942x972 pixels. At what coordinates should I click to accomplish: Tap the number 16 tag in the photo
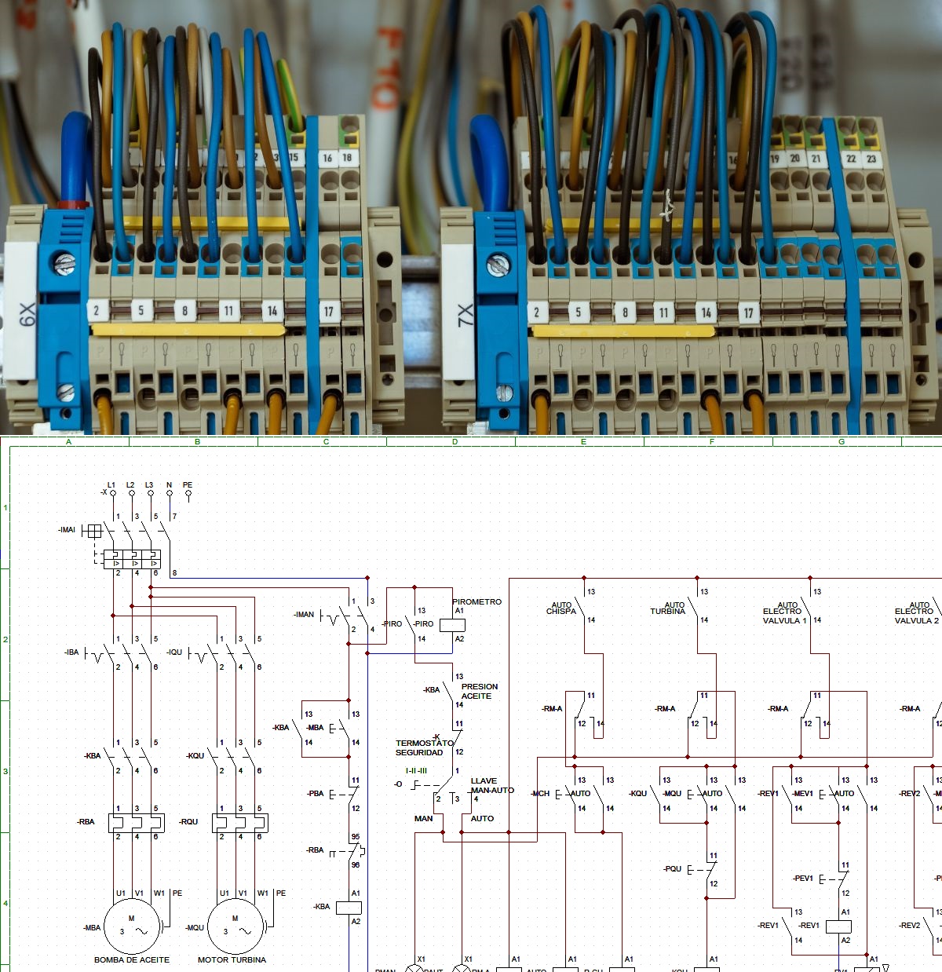[327, 158]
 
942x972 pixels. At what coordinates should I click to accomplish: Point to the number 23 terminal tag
[871, 159]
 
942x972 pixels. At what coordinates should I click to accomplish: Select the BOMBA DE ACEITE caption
[132, 959]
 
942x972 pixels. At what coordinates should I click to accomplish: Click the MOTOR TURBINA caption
[232, 959]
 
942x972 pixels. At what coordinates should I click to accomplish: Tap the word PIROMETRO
[476, 601]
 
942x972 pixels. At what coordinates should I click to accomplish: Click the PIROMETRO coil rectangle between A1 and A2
[452, 625]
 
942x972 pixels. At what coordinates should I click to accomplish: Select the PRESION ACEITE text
[479, 691]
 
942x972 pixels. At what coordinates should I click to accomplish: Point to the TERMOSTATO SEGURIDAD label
[424, 747]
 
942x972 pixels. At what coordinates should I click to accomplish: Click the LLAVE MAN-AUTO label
[491, 785]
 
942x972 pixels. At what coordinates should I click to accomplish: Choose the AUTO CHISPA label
[561, 608]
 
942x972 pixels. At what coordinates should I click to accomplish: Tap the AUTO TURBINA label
[668, 608]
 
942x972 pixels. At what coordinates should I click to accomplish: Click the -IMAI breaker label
[67, 530]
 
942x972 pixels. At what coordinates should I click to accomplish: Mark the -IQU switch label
[174, 652]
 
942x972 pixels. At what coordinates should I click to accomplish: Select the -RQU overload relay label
[189, 821]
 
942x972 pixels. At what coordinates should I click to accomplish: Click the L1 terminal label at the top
[111, 485]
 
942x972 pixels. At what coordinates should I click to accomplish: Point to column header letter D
[455, 442]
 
